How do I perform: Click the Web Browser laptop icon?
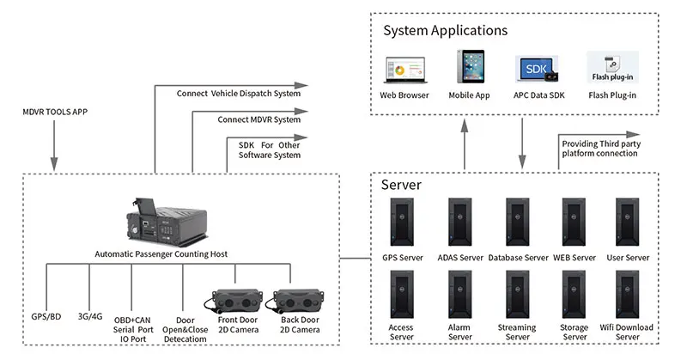click(404, 70)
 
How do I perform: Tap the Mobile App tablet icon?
click(469, 68)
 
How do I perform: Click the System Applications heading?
click(445, 31)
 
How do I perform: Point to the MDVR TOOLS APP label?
click(55, 112)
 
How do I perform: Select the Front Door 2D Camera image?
click(231, 301)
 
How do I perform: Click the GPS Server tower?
click(403, 223)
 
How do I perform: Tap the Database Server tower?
click(518, 223)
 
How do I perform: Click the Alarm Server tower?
click(459, 296)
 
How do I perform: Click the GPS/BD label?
click(46, 317)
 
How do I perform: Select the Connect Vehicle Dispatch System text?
click(238, 93)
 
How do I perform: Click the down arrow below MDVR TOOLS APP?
click(55, 163)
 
